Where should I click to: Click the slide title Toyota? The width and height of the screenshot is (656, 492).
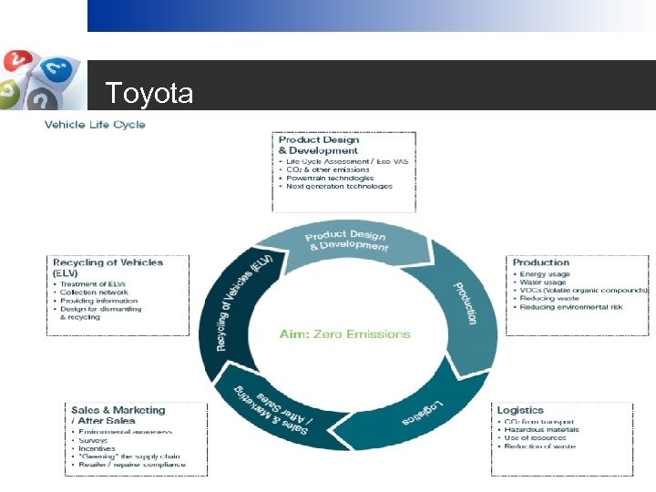point(149,94)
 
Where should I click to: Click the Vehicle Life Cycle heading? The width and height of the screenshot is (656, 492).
point(95,125)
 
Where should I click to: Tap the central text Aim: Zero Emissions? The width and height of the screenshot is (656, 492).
point(344,334)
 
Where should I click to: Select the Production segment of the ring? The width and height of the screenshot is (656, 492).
point(465,301)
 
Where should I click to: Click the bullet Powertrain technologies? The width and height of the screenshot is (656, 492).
point(330,178)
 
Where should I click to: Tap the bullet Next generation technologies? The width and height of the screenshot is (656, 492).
point(339,186)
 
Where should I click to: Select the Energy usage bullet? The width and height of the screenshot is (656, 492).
point(544,274)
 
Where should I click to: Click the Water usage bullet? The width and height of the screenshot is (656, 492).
point(542,282)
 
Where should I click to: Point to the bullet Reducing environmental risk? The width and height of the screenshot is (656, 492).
point(571,307)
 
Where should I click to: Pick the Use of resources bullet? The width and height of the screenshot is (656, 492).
point(538,438)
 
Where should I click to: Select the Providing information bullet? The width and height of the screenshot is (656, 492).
point(98,301)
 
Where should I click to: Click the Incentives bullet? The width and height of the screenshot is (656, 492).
point(97,448)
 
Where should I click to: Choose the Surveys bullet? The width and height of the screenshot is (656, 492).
point(93,440)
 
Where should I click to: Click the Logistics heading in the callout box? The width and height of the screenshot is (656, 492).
point(520,411)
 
